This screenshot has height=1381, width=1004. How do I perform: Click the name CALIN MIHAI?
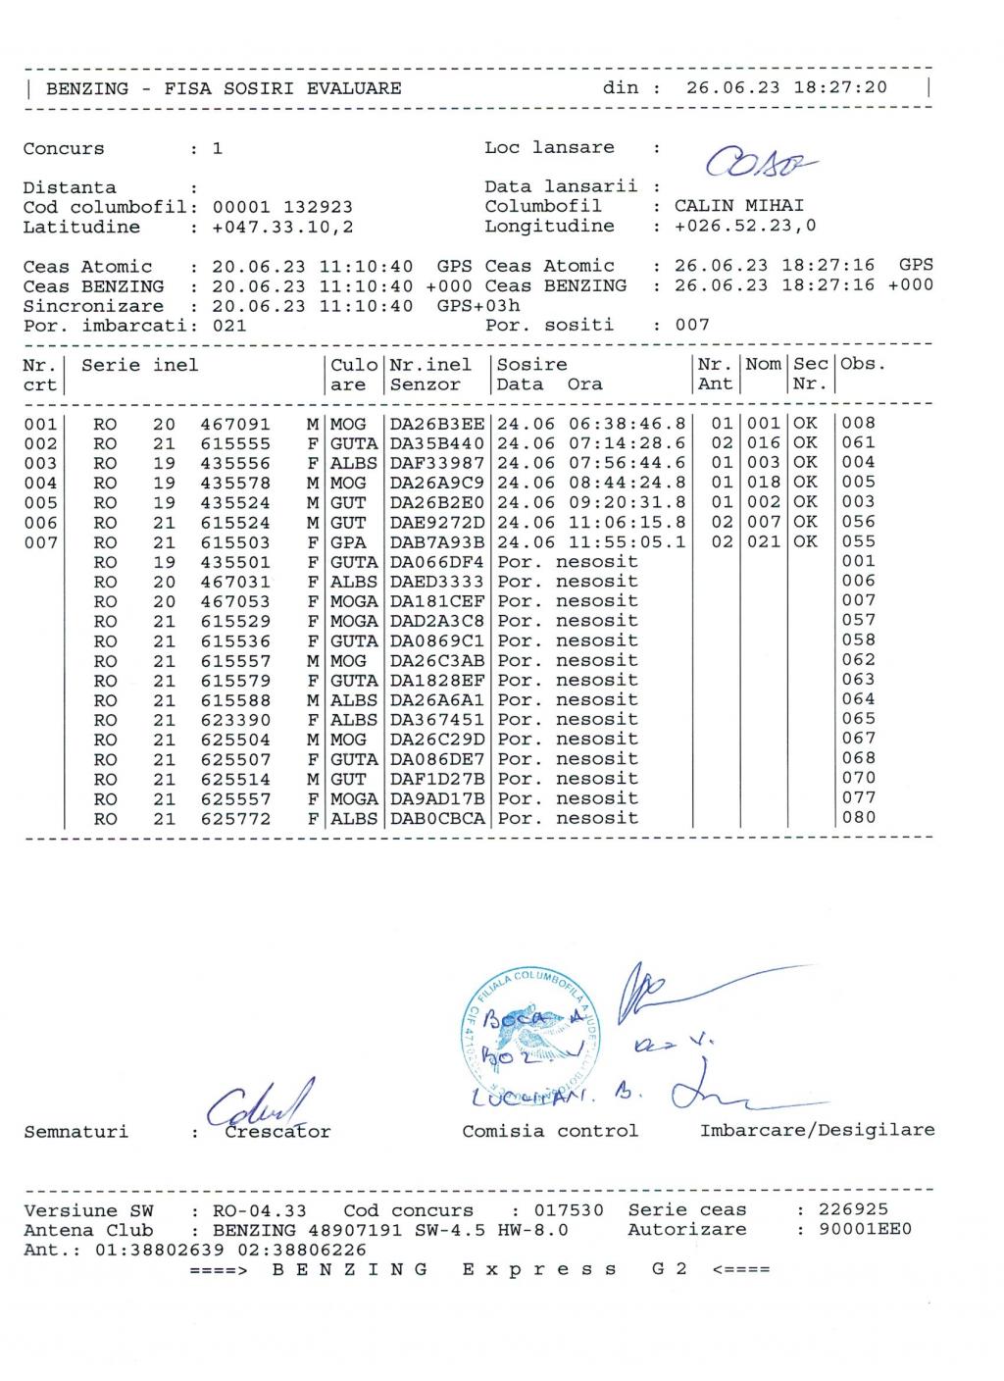click(x=738, y=206)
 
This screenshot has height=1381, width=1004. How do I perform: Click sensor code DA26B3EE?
click(x=436, y=424)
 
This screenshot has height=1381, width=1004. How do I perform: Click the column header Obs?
click(x=863, y=365)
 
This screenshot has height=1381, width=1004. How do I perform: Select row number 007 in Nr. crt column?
click(x=40, y=542)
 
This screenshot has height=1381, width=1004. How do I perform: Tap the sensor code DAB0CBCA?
click(x=436, y=818)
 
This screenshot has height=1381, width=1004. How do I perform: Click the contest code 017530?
click(x=569, y=1210)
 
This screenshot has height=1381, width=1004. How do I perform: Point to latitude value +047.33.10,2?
click(x=282, y=227)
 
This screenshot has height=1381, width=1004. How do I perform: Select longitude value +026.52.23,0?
click(x=744, y=226)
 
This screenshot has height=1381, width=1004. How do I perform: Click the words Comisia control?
click(x=550, y=1131)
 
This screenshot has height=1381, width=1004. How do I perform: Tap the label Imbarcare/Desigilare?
click(x=817, y=1131)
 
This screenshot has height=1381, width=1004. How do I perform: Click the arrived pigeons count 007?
click(x=692, y=325)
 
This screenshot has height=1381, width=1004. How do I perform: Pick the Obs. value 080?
click(x=859, y=817)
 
